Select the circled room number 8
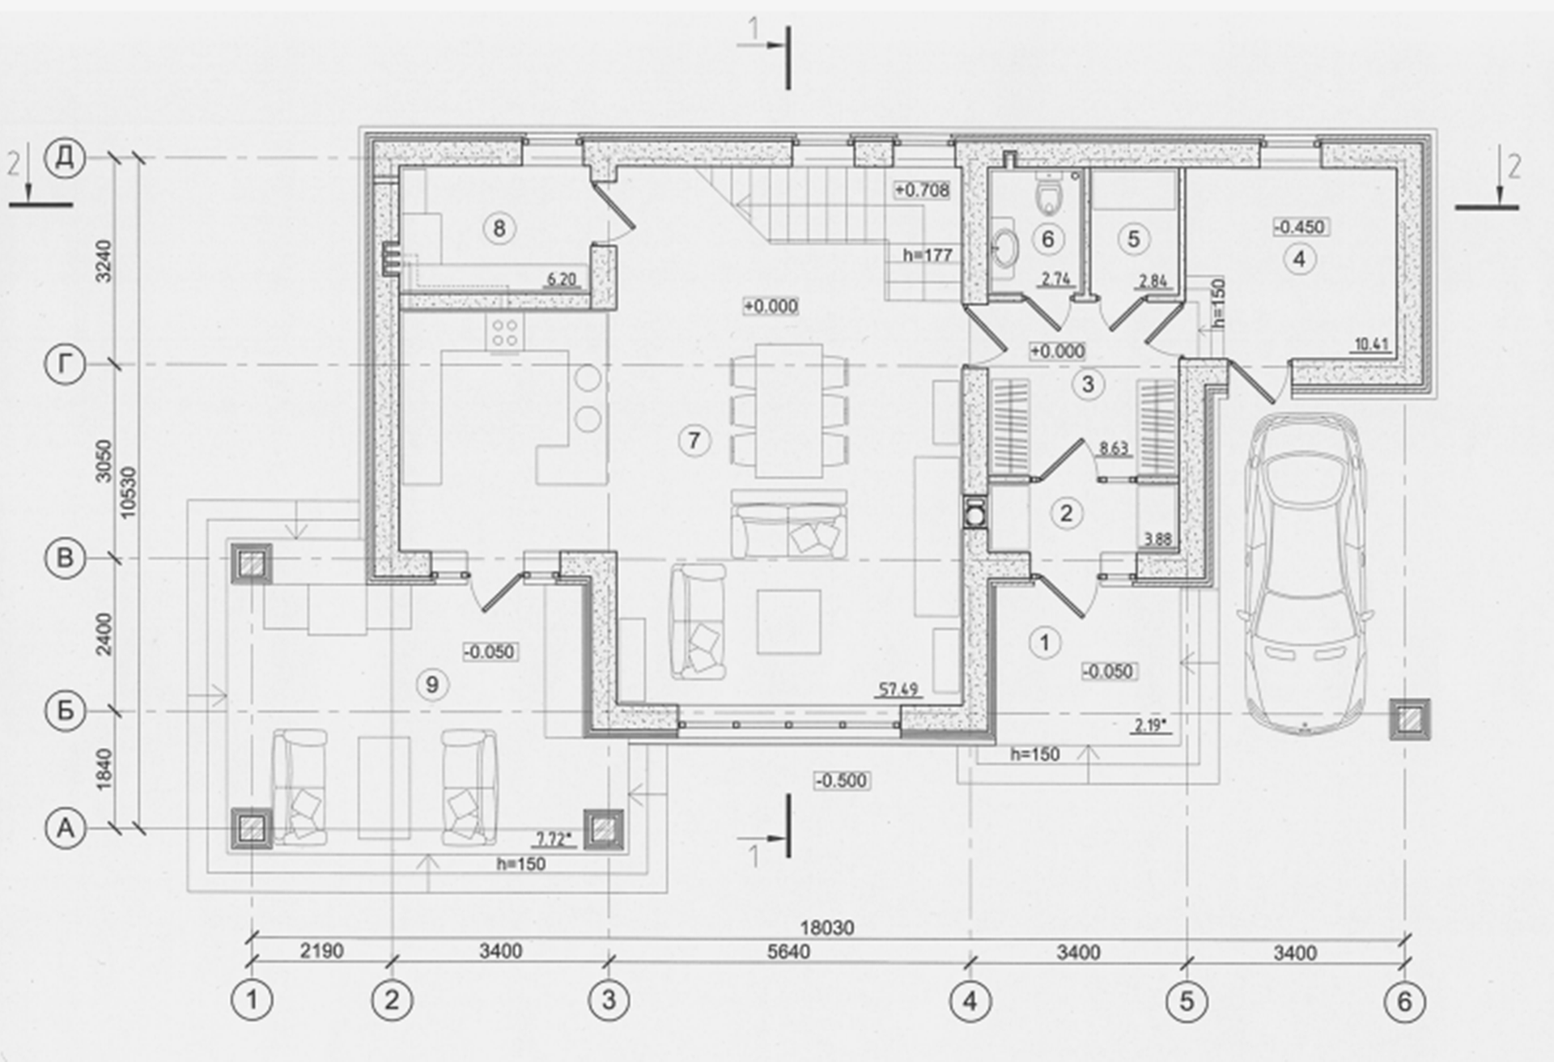499,229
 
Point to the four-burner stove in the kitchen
504,332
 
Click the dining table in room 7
789,410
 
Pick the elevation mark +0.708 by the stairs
922,190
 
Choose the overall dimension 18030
827,928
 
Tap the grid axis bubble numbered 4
970,1001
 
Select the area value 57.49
898,690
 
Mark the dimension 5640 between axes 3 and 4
788,953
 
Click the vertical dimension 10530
128,492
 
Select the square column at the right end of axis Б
1410,719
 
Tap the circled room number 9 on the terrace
431,685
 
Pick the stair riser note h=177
928,255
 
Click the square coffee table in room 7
788,621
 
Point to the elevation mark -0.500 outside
842,781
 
